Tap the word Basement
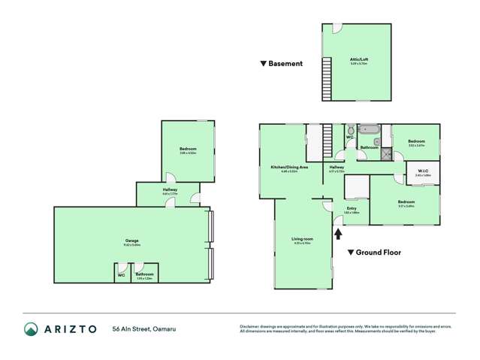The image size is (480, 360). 285,64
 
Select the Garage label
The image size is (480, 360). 131,241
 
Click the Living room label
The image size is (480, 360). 302,238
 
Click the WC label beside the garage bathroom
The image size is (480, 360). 121,275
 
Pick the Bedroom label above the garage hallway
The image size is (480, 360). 188,150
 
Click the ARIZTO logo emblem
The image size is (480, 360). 31,329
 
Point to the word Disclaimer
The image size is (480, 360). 250,325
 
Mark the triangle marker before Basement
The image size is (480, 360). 264,64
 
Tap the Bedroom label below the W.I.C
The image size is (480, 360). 406,201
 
